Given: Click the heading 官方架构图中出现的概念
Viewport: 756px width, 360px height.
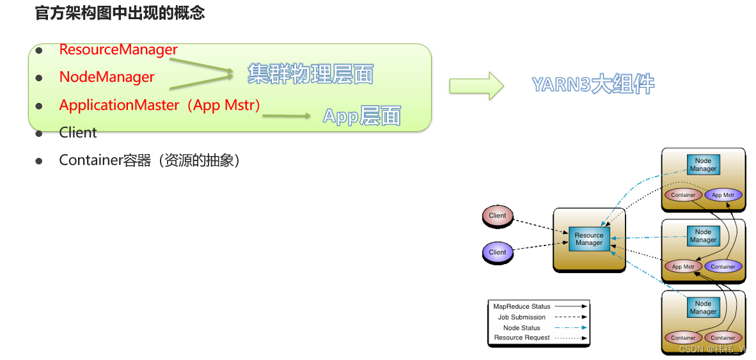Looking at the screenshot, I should tap(120, 13).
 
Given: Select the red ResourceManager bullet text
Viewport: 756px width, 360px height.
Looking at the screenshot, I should tap(118, 49).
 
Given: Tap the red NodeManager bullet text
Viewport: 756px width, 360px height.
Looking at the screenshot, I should tap(107, 77).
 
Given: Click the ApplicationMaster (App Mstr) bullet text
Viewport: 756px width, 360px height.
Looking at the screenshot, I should tap(160, 105).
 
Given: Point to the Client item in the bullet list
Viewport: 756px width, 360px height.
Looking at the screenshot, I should tap(78, 132).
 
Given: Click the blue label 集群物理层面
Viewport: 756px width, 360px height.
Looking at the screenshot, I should tap(310, 74).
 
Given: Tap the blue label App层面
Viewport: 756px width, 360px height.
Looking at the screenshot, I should tap(361, 116).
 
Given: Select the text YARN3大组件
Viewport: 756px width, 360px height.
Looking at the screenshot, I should tap(593, 84).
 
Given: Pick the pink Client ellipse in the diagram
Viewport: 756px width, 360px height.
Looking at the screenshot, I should tap(497, 216).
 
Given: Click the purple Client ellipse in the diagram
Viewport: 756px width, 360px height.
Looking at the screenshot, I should tap(497, 252).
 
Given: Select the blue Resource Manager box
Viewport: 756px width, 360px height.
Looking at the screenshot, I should tap(589, 239).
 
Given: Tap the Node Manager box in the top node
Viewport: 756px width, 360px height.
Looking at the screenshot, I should tap(703, 165).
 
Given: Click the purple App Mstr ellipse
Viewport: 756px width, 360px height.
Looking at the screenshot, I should tap(726, 195).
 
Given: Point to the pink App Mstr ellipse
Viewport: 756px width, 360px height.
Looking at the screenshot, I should tap(683, 267).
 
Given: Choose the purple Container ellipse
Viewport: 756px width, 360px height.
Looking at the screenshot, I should tap(723, 267).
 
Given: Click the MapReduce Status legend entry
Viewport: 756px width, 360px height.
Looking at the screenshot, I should tap(522, 306).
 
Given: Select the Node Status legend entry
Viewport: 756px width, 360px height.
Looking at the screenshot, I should tap(522, 328).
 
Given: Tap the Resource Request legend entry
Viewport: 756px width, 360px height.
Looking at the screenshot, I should tap(522, 338).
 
